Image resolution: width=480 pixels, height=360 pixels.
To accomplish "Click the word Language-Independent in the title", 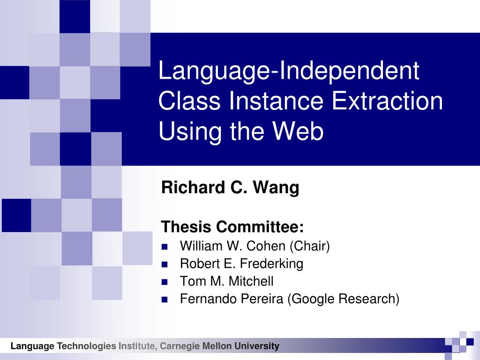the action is tap(289, 72).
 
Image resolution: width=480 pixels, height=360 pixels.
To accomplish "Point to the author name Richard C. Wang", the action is tap(230, 187).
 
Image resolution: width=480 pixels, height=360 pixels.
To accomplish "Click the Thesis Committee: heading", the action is tap(232, 226).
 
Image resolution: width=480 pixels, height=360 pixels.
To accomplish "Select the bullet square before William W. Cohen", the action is tap(165, 247).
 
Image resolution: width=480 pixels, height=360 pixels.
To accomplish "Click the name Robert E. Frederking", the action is tap(241, 263).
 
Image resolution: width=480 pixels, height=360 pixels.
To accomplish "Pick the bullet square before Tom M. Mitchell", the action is tap(165, 282).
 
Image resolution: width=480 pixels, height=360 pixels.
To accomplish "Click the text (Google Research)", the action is tap(343, 299).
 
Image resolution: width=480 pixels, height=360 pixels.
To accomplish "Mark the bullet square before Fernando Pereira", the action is tap(165, 300).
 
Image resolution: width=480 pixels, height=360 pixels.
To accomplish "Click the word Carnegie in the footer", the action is tap(180, 346).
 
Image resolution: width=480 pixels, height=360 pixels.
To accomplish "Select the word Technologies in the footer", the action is tap(87, 346).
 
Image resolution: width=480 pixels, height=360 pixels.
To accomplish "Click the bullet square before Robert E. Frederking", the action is tap(165, 264).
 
